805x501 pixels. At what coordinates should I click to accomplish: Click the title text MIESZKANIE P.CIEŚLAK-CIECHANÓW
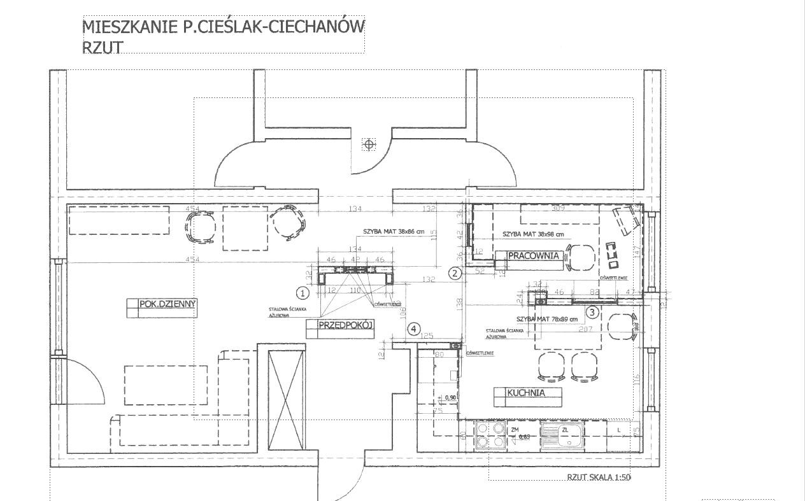point(223,27)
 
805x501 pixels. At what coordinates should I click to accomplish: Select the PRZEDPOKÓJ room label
point(339,325)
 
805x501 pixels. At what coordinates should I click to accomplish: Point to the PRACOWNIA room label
point(533,256)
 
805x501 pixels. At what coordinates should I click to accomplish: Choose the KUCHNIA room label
point(526,393)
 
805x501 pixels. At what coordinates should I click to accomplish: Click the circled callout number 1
point(303,293)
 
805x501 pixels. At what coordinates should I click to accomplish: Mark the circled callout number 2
point(454,274)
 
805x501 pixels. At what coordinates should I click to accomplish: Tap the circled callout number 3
point(592,312)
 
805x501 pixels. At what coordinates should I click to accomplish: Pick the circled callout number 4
point(415,328)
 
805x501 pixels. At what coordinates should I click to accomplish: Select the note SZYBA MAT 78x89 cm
point(547,318)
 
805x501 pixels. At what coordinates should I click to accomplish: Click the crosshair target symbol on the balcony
point(368,145)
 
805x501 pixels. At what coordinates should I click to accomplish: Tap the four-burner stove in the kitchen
point(488,435)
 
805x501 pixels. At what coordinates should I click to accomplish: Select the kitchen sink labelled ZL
point(564,436)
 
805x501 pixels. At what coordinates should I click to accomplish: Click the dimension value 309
point(558,208)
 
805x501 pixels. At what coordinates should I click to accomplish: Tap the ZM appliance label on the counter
point(515,430)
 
